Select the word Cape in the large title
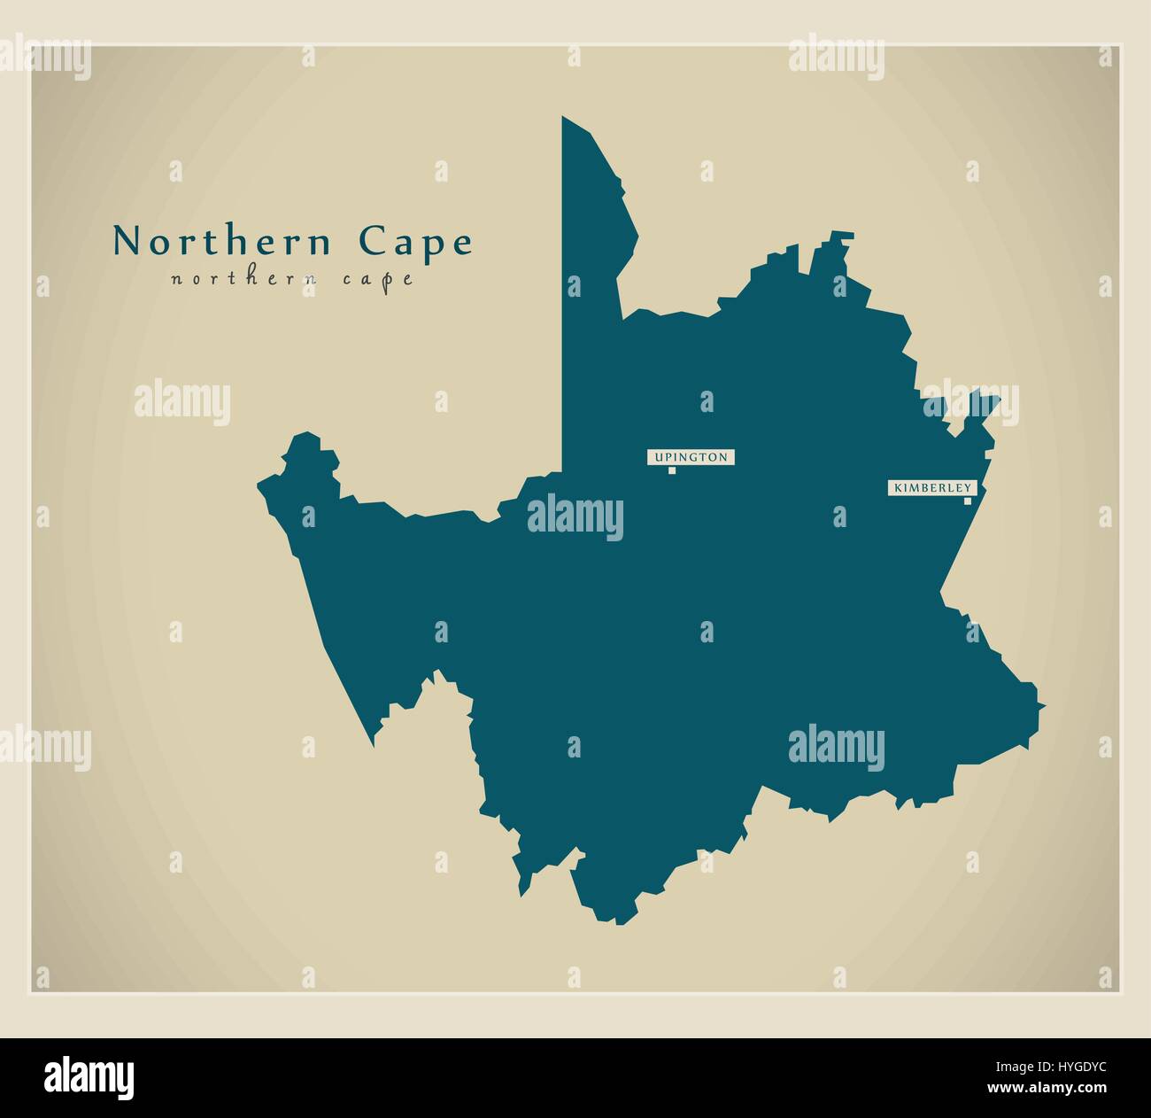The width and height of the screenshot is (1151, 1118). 415,243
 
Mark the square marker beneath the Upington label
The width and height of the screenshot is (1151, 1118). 672,470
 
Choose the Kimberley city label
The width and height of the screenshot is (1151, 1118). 933,487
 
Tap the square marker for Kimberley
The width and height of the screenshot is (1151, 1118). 968,501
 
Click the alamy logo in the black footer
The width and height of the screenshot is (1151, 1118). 89,1076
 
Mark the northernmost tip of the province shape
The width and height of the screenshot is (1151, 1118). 563,117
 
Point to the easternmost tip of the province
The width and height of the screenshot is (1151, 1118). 1045,706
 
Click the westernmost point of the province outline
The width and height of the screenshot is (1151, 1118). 259,485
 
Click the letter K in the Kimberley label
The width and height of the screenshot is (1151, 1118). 898,488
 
